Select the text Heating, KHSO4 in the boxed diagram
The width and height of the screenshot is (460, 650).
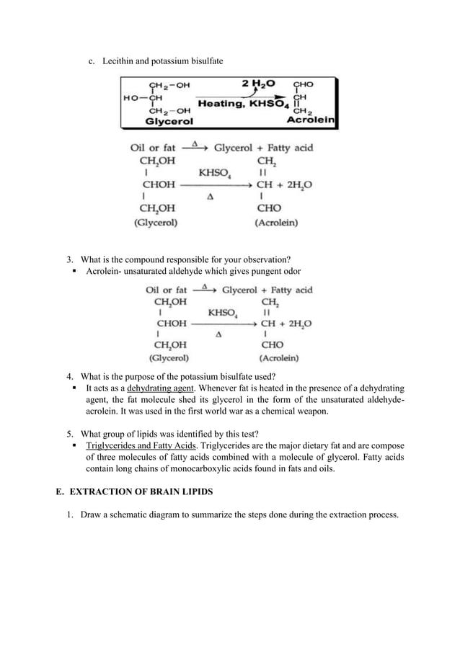[x=244, y=104]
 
